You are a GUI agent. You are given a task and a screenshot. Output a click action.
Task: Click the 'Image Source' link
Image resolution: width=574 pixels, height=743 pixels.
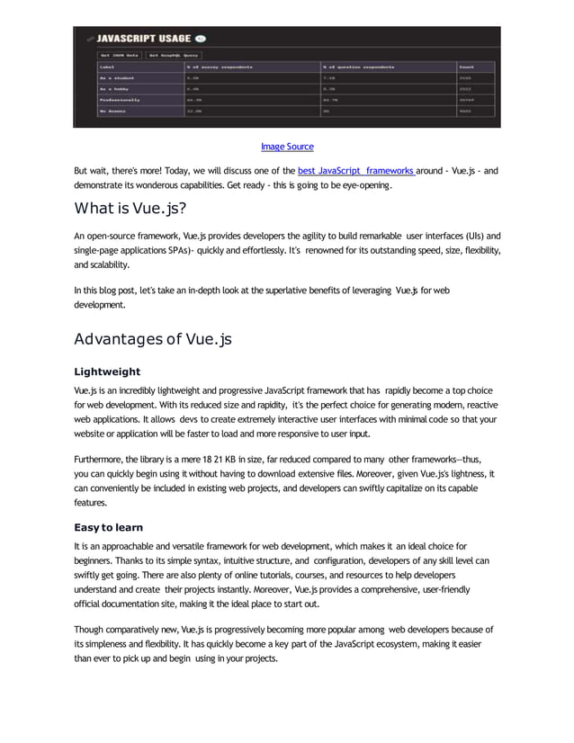pyautogui.click(x=287, y=147)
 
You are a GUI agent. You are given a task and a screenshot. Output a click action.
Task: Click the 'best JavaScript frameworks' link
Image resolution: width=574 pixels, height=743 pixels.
pyautogui.click(x=354, y=171)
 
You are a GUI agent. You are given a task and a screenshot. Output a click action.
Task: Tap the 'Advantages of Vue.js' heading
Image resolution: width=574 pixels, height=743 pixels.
pyautogui.click(x=153, y=339)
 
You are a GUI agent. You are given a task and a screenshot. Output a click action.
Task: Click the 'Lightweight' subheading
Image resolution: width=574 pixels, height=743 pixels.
pyautogui.click(x=107, y=371)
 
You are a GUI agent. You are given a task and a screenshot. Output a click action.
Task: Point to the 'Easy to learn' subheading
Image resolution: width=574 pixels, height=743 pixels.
pyautogui.click(x=109, y=527)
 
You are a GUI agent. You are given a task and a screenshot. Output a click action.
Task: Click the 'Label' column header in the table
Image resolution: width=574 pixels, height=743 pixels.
pyautogui.click(x=108, y=67)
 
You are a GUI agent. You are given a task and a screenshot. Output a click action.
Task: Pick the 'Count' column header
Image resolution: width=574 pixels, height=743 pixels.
pyautogui.click(x=467, y=67)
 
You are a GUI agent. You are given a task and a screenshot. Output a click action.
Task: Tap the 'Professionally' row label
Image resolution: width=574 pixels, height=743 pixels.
pyautogui.click(x=122, y=101)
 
